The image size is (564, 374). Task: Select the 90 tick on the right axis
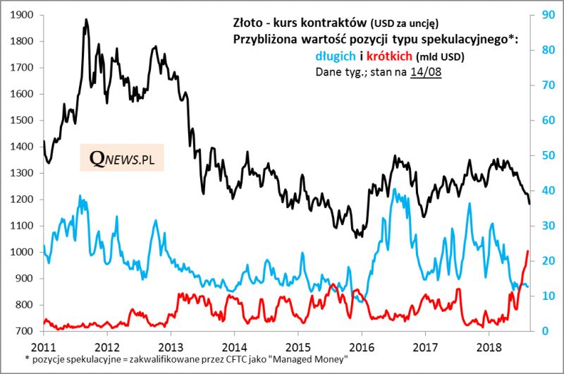point(546,15)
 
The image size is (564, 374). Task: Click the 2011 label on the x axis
point(44,348)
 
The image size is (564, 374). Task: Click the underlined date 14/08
point(426,72)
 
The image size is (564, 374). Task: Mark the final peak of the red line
point(527,251)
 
